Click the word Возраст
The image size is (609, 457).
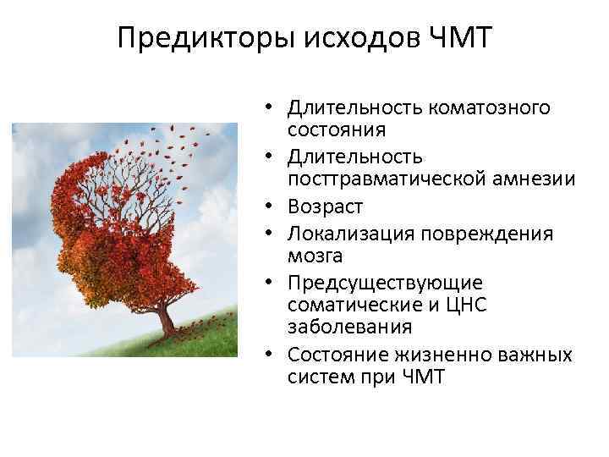326,206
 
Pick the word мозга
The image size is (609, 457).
310,253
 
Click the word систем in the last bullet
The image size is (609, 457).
315,375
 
